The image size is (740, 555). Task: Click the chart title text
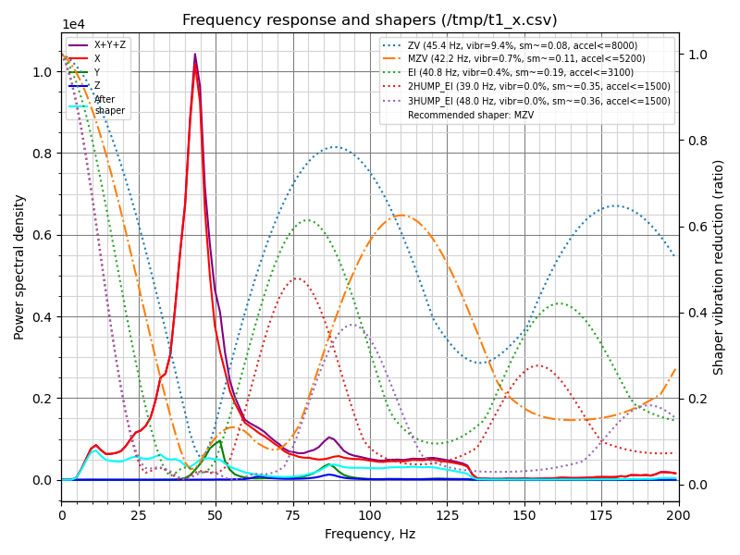[370, 20]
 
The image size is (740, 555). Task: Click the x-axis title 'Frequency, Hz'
[370, 535]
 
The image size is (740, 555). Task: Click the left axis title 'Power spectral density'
[19, 266]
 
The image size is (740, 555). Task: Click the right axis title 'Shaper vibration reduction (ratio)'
[719, 266]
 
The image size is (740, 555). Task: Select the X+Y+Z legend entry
[110, 44]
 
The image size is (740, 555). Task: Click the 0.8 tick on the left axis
[45, 154]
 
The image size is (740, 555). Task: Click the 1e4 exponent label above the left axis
[74, 25]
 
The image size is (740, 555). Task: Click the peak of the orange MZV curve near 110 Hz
[401, 215]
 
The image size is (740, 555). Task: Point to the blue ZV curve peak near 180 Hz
[616, 205]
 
